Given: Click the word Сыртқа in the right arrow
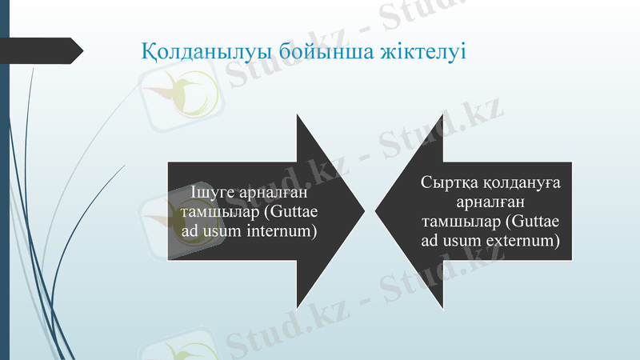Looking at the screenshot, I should [447, 183].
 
